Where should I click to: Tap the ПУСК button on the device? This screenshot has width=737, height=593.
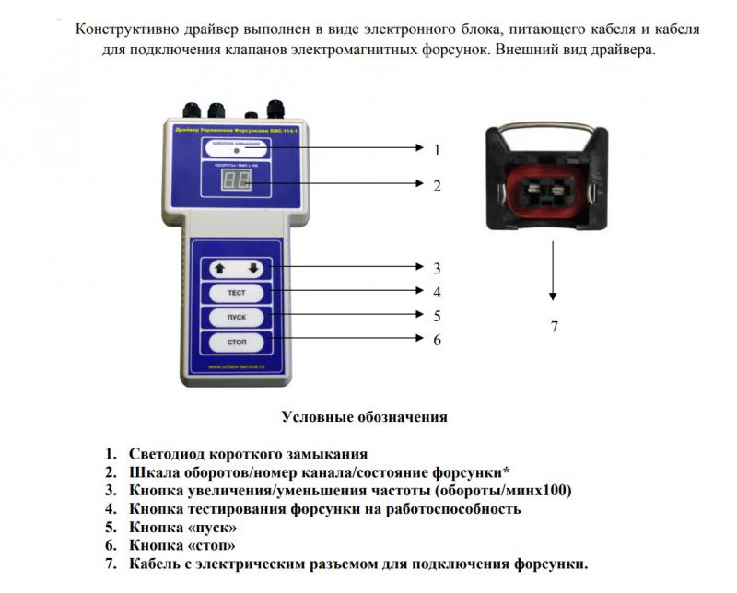pyautogui.click(x=237, y=318)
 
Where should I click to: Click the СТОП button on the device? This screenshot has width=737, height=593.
pyautogui.click(x=237, y=343)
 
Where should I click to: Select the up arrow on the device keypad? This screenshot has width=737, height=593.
pyautogui.click(x=219, y=269)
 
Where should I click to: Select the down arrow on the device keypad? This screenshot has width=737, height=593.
pyautogui.click(x=254, y=269)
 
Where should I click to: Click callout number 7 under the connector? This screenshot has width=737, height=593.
pyautogui.click(x=554, y=325)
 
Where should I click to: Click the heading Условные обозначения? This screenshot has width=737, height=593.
pyautogui.click(x=364, y=417)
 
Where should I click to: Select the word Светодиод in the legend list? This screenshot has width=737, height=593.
pyautogui.click(x=170, y=454)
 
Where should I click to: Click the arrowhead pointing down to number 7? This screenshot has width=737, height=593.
pyautogui.click(x=553, y=296)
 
